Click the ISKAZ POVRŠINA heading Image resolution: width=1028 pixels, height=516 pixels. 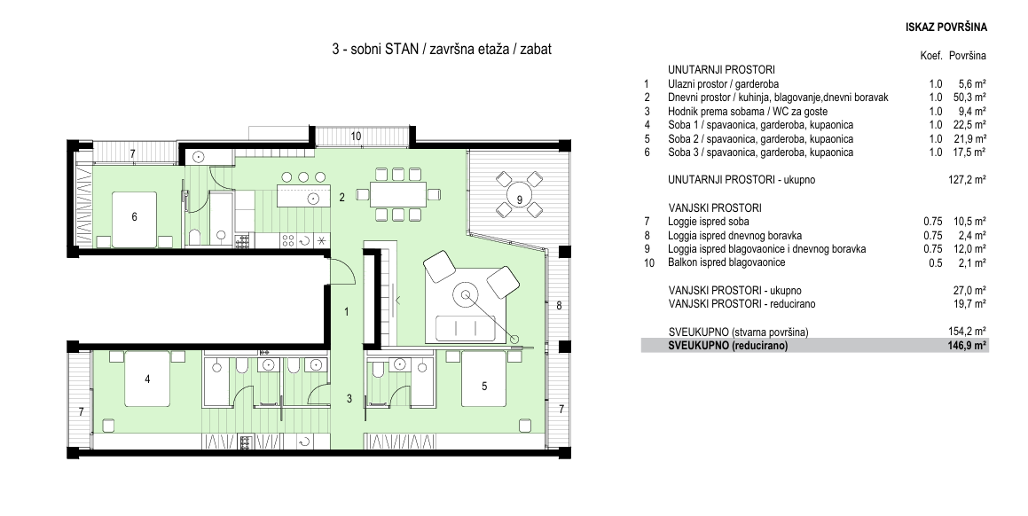(946, 27)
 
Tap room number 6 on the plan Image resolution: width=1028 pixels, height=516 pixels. (135, 217)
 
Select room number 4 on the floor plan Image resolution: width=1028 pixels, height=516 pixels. (147, 379)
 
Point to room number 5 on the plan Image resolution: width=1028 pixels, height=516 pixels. (484, 387)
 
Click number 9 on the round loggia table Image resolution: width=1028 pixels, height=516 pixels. (519, 199)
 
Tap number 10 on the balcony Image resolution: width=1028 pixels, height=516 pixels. (356, 137)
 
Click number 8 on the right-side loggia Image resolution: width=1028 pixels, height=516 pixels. (559, 305)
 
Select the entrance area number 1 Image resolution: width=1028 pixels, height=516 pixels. (348, 312)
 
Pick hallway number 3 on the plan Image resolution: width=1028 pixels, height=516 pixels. (349, 398)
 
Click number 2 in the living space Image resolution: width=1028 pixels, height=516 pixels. (341, 196)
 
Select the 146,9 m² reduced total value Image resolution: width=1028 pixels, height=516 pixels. (967, 346)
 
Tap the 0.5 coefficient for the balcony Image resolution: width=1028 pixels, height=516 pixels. (936, 263)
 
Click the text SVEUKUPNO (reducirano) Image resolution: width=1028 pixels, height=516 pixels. (727, 346)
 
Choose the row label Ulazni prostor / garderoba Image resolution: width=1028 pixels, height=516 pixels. (723, 84)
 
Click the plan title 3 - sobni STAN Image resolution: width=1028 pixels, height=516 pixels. (375, 50)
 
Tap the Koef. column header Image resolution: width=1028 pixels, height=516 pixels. (931, 57)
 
